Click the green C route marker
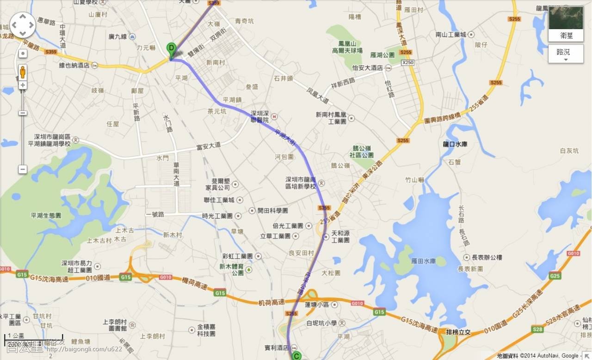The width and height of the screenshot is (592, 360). (296, 356)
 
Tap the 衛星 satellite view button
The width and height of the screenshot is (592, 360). (566, 24)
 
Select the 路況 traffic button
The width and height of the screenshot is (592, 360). (566, 54)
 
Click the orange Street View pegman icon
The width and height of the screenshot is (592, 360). (23, 72)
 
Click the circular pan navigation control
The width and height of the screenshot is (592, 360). (23, 25)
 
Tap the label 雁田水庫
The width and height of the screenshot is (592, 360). (423, 261)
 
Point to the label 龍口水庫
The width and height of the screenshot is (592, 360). (455, 144)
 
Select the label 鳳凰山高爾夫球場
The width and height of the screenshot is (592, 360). (350, 47)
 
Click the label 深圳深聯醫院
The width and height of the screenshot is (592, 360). (259, 116)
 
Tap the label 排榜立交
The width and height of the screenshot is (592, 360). (458, 332)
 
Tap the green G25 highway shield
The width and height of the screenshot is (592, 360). (555, 276)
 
